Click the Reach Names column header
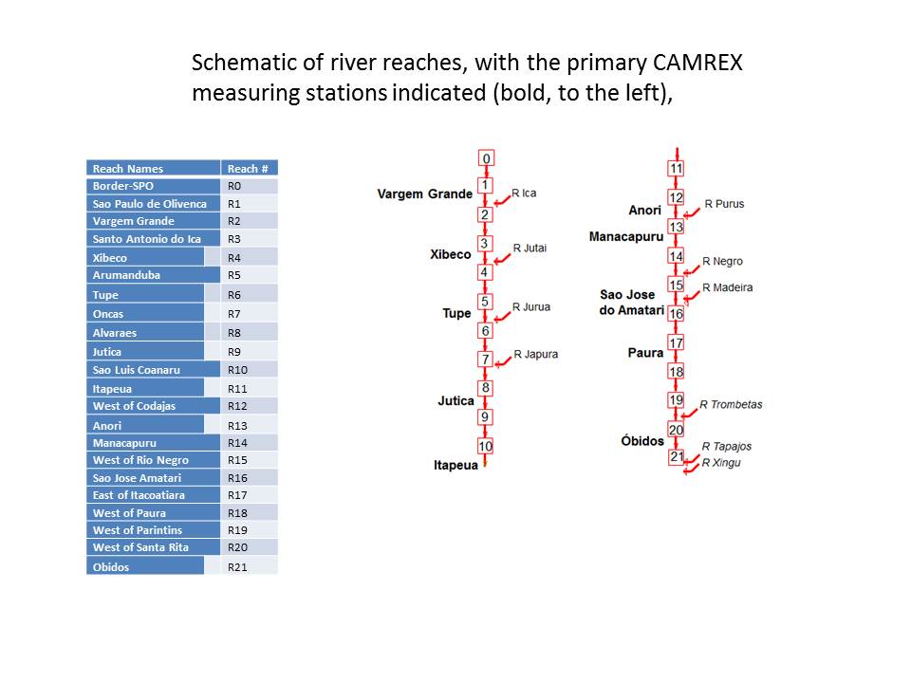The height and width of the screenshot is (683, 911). pos(128,169)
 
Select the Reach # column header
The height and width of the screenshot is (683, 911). pos(248,169)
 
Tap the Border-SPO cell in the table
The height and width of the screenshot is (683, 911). pos(123,186)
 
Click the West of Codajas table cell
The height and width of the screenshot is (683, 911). pos(134,406)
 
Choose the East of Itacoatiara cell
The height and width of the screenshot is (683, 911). pos(139,495)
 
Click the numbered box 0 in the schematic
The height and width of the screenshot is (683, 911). pos(486,158)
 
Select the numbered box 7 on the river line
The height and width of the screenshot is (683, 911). pos(486,360)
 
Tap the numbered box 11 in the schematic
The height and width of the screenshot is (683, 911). pos(677,169)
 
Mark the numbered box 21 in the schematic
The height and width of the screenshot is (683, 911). pos(677,457)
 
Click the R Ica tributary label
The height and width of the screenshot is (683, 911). pos(524,194)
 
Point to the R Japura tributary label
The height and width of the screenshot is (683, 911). pos(535,355)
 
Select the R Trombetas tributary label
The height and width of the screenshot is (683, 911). pos(731,405)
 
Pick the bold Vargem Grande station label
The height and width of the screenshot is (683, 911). pos(424,194)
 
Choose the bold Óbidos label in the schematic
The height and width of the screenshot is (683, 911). pos(642,441)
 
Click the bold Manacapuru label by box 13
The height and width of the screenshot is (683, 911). pos(626,236)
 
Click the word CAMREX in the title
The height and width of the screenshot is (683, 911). pos(698,64)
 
